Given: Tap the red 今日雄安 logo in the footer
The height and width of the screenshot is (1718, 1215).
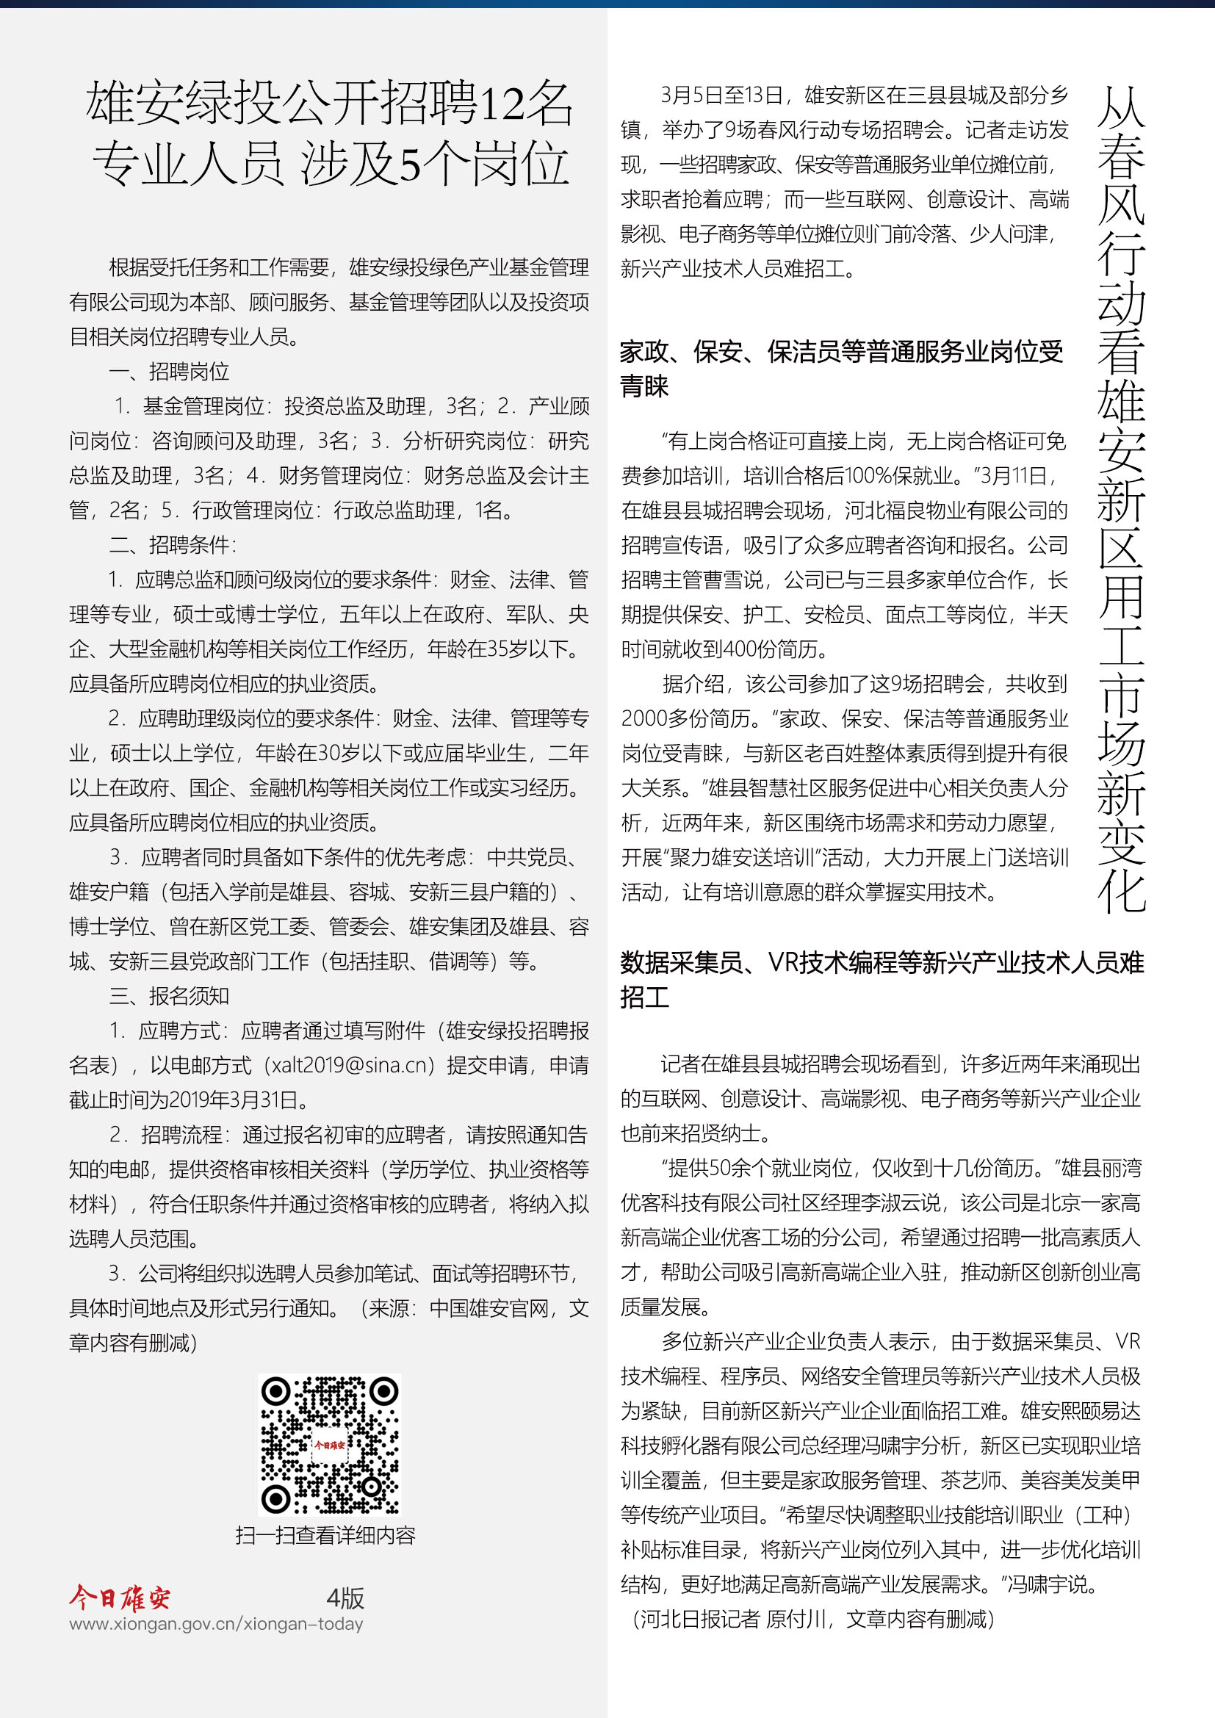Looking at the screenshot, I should (x=120, y=1598).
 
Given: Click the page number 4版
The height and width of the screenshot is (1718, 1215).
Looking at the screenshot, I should (x=345, y=1598).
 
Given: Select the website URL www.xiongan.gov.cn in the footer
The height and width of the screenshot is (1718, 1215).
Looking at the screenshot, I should (x=215, y=1624).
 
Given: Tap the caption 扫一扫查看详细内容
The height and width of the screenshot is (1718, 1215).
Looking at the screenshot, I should (x=325, y=1535).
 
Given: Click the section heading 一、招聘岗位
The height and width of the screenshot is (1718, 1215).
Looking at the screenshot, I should (x=169, y=371).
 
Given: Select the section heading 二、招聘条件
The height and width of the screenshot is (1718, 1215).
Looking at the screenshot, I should (x=172, y=545).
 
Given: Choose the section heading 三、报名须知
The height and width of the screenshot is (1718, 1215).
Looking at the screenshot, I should (x=169, y=996).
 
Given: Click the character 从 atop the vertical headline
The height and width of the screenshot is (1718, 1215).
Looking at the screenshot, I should (x=1121, y=107).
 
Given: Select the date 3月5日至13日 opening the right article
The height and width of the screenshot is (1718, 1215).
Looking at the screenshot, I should (x=721, y=95).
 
